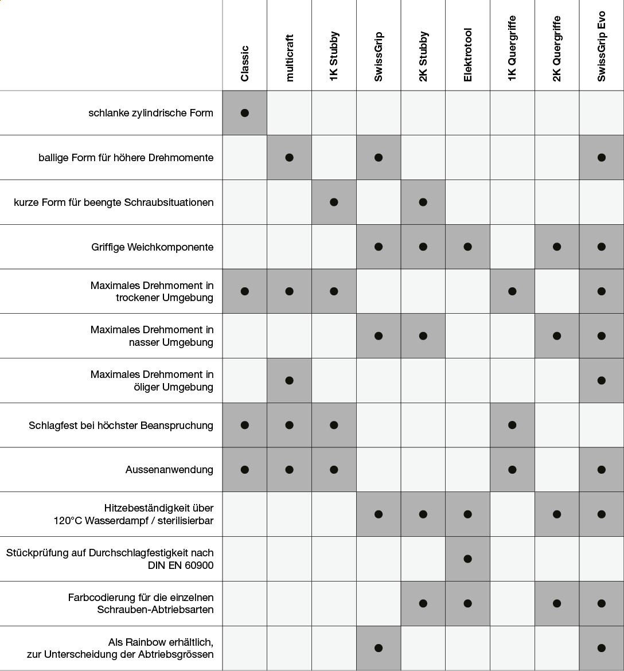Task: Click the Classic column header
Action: pyautogui.click(x=244, y=63)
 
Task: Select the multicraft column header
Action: pyautogui.click(x=289, y=58)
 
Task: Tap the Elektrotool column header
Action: pyautogui.click(x=467, y=55)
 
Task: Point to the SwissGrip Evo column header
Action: pyautogui.click(x=601, y=46)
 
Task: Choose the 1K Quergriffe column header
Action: pyautogui.click(x=512, y=48)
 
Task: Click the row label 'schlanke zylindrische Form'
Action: pyautogui.click(x=151, y=113)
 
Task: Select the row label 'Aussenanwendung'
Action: pyautogui.click(x=169, y=470)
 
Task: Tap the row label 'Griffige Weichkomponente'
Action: pyautogui.click(x=152, y=247)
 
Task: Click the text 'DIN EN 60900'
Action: pyautogui.click(x=181, y=565)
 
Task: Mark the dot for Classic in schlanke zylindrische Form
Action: pyautogui.click(x=245, y=113)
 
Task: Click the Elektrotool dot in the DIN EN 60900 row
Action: pyautogui.click(x=468, y=559)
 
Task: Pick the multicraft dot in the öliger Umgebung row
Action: pyautogui.click(x=289, y=380)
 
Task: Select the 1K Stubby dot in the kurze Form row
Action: pyautogui.click(x=334, y=202)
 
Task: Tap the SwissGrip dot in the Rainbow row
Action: pyautogui.click(x=379, y=648)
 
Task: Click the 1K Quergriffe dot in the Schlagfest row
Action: pyautogui.click(x=512, y=425)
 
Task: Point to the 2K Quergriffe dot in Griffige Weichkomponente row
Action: pyautogui.click(x=557, y=247)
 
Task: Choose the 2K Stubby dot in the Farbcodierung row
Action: pyautogui.click(x=423, y=603)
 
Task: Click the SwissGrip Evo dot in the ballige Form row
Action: pyautogui.click(x=601, y=158)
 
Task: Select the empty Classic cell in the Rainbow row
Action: pyautogui.click(x=245, y=648)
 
